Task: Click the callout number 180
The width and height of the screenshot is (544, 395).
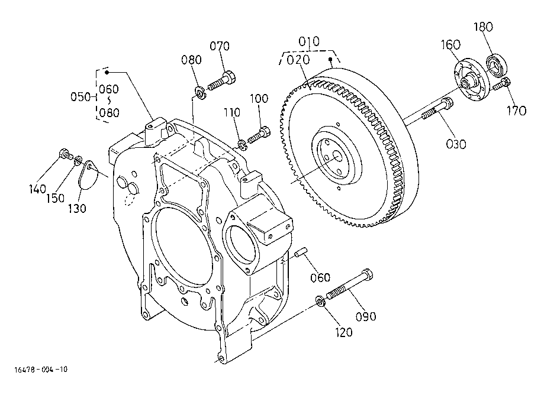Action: [x=483, y=27]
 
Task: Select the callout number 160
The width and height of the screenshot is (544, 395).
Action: [x=450, y=45]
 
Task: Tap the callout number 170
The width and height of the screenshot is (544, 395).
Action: [x=516, y=111]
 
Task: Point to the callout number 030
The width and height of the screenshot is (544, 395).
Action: [x=456, y=144]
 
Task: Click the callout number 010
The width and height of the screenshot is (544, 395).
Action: [x=309, y=41]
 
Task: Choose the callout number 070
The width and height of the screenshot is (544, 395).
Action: [x=220, y=46]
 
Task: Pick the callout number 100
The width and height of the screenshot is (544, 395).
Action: [x=259, y=99]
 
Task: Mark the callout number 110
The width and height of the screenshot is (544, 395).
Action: [x=232, y=112]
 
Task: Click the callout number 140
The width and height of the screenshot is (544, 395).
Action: [x=37, y=189]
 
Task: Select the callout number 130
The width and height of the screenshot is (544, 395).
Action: [x=77, y=208]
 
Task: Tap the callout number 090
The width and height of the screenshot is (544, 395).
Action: [x=366, y=316]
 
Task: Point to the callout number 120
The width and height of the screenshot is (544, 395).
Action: [x=344, y=332]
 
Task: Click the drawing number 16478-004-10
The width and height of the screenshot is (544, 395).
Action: [x=41, y=370]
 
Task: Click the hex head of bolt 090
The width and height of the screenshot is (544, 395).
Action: [x=367, y=275]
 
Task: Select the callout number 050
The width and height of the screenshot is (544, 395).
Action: [x=81, y=96]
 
